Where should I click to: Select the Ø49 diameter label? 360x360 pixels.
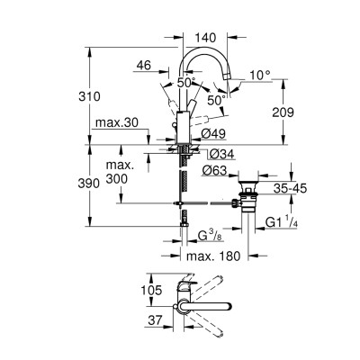(x=212, y=135)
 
